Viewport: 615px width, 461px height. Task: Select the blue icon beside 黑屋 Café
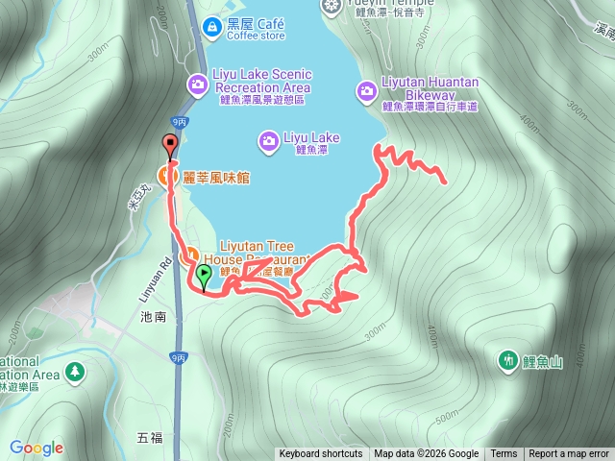click(209, 28)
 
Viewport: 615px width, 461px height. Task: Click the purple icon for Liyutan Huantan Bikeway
click(366, 91)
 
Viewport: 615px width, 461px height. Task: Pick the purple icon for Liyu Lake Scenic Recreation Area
click(197, 84)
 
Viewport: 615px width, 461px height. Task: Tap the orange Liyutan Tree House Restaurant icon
click(188, 255)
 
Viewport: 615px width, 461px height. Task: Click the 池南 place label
click(153, 316)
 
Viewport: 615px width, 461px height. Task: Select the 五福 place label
click(150, 438)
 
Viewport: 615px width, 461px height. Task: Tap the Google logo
click(37, 448)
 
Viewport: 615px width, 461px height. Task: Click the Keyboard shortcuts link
click(321, 454)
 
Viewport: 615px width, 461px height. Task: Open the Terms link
click(504, 454)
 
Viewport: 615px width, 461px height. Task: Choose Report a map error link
click(569, 454)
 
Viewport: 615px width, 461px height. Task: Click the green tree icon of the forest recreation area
click(75, 371)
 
